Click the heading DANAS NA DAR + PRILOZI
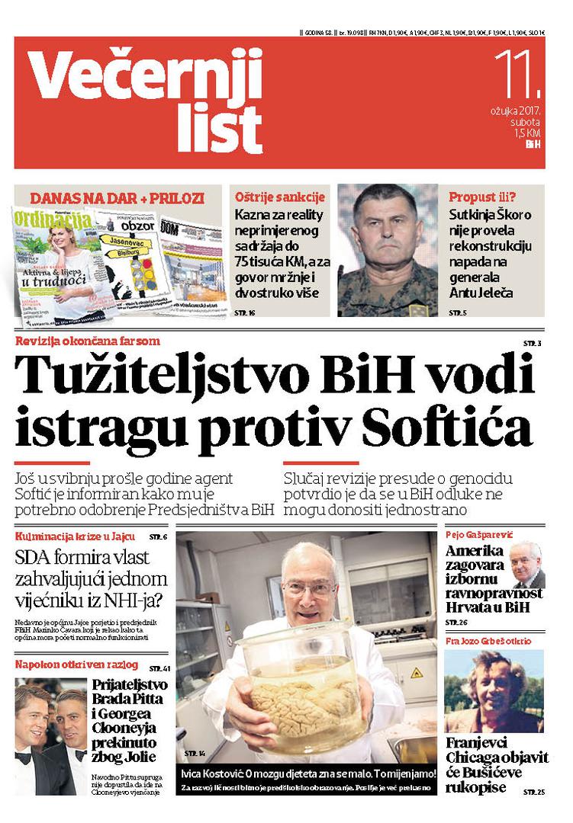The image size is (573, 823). [117, 198]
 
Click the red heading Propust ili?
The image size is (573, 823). [482, 197]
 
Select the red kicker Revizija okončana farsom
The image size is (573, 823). [88, 341]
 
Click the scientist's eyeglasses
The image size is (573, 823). [309, 588]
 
